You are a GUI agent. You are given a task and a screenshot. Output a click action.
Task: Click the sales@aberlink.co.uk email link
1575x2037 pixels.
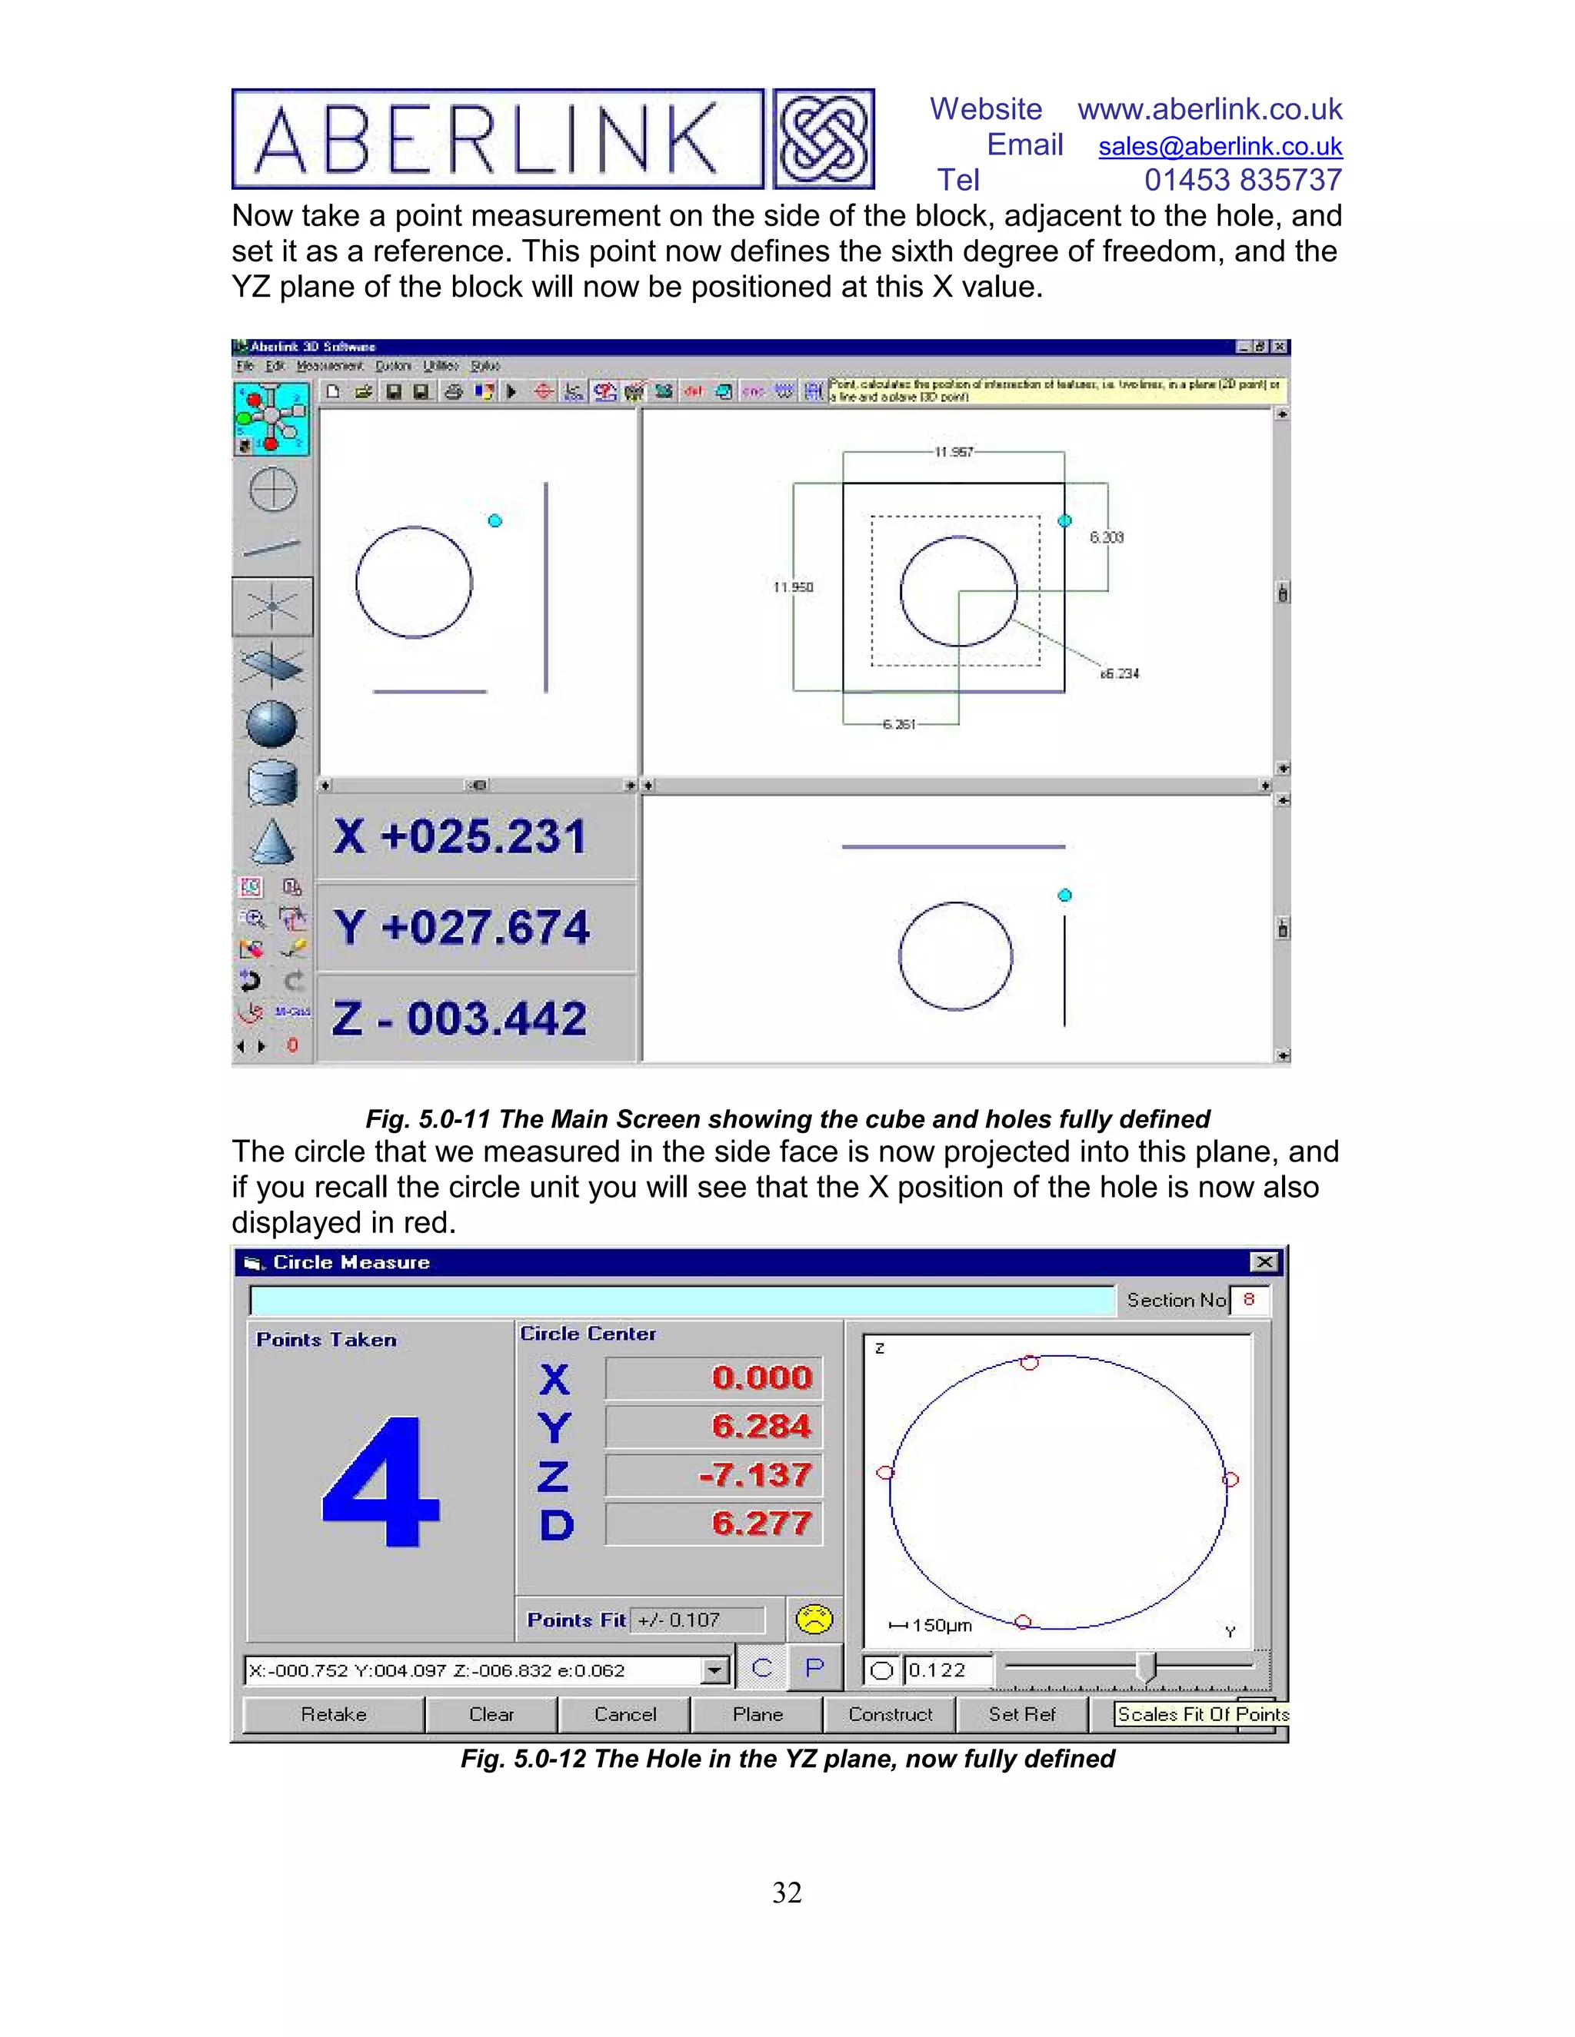(1220, 146)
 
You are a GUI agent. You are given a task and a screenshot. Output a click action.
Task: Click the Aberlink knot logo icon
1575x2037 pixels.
(823, 139)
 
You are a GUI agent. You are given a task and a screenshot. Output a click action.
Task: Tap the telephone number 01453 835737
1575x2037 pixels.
(1243, 180)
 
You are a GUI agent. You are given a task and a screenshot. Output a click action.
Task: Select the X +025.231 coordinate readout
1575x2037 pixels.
(460, 836)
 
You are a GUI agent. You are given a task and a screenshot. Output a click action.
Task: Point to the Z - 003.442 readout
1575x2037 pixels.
(460, 1018)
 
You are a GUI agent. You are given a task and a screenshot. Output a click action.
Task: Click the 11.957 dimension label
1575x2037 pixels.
(954, 452)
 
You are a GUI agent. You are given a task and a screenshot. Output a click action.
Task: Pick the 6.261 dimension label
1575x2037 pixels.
(900, 724)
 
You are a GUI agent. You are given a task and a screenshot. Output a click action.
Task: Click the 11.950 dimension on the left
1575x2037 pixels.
(793, 587)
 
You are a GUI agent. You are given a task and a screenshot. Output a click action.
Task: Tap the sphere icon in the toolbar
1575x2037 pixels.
(271, 725)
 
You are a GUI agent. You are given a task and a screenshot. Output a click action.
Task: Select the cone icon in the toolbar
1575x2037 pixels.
(271, 842)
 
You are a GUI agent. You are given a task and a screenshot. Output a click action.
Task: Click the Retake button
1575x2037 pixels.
(333, 1714)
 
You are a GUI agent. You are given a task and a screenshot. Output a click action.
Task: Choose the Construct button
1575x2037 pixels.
(889, 1714)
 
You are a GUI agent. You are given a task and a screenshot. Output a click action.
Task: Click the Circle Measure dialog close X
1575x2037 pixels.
(1264, 1262)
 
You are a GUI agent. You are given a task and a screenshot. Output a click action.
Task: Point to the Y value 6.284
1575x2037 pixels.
(761, 1426)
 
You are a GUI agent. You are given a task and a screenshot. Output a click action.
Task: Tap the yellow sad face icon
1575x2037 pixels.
(814, 1619)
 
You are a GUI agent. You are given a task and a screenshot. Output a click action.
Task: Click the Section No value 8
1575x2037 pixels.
(1248, 1299)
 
